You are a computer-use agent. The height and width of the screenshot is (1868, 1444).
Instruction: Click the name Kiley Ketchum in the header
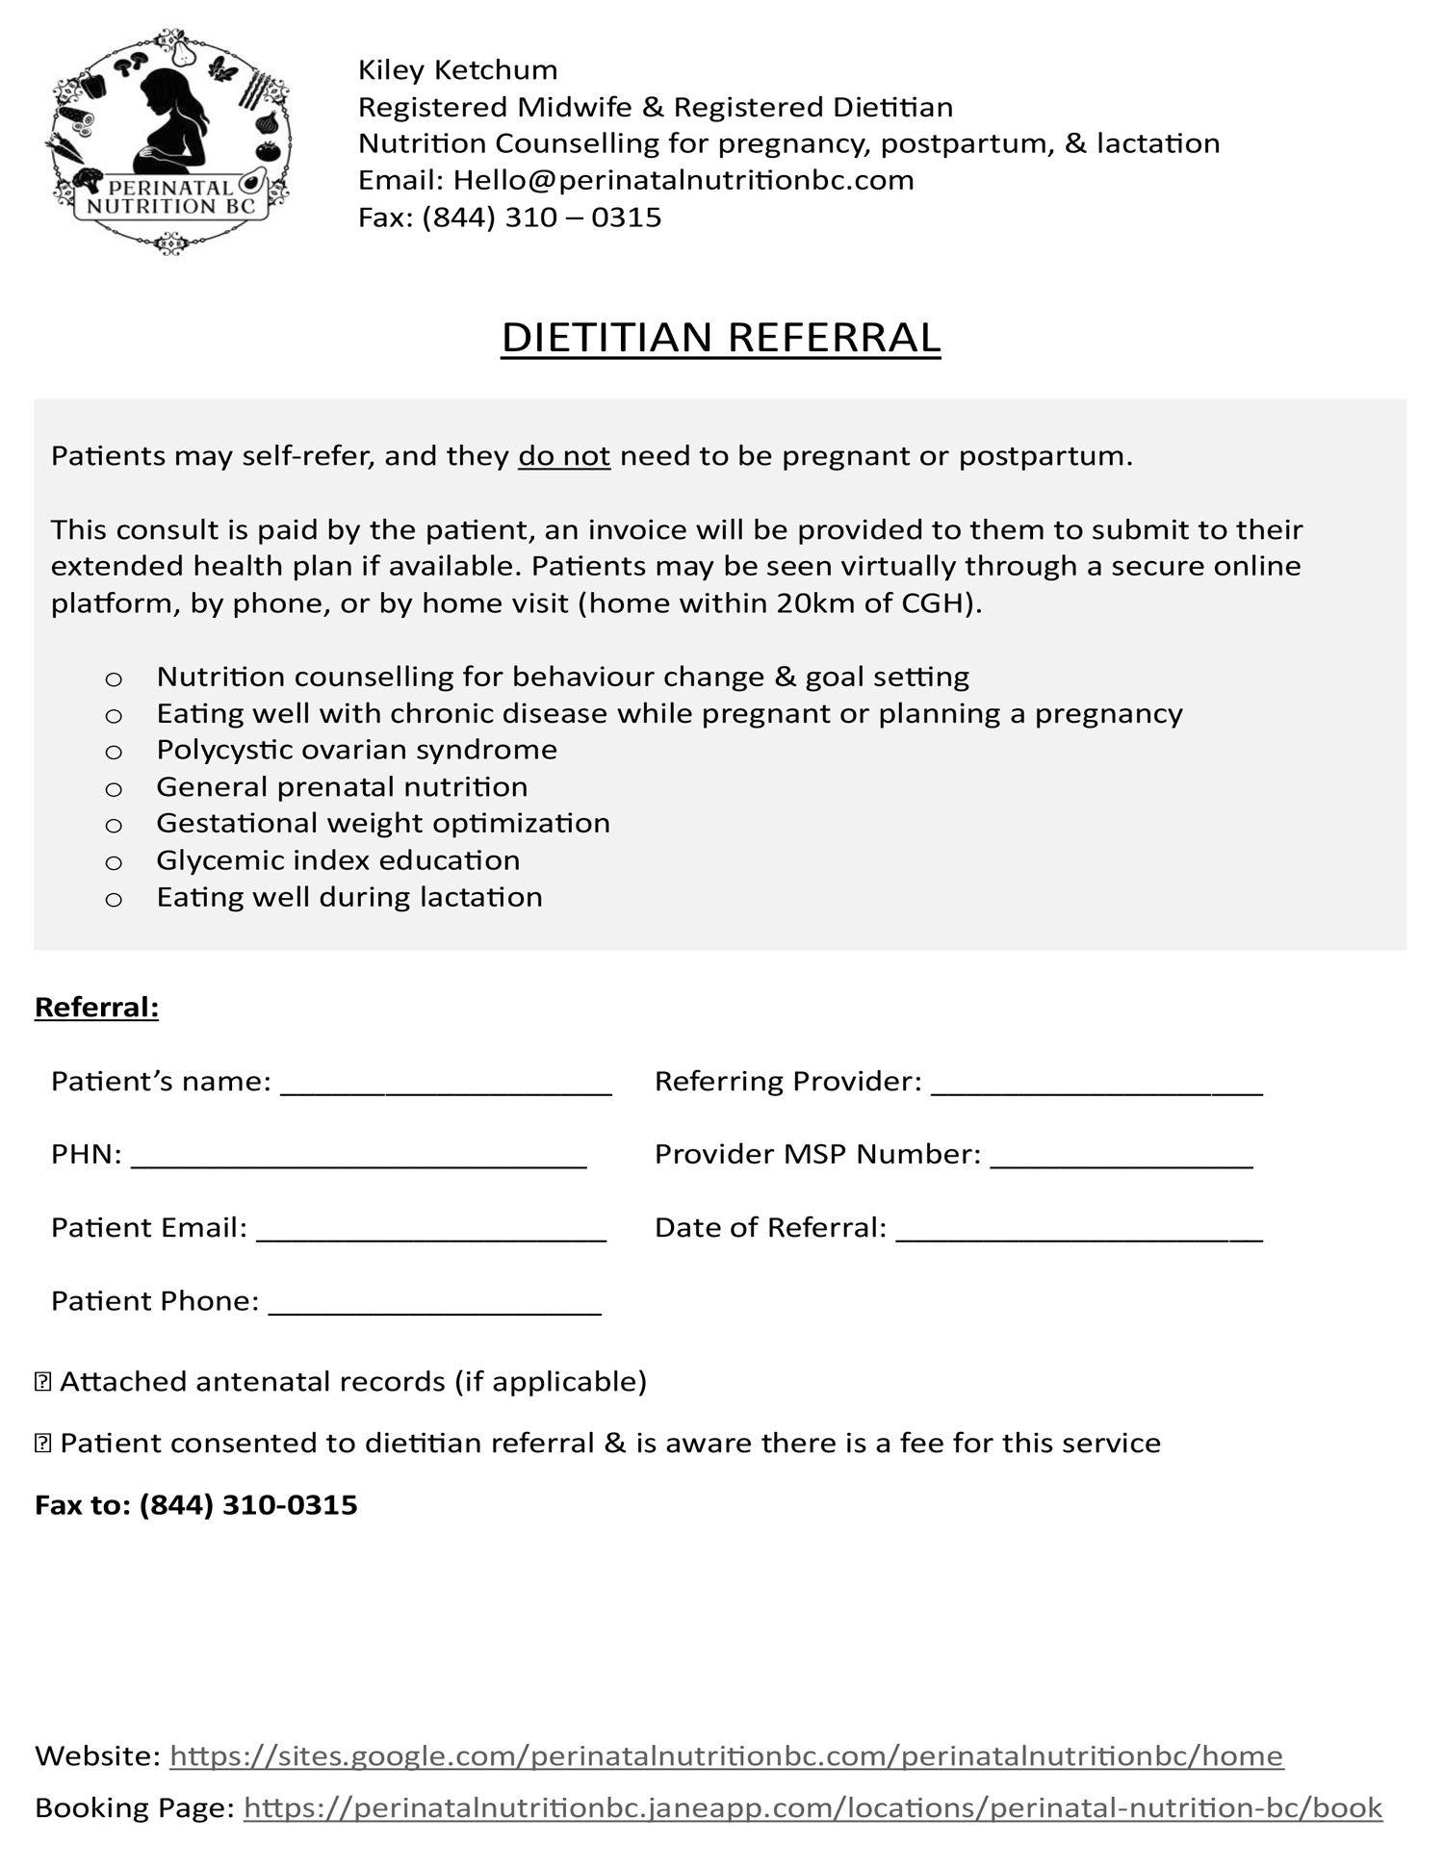pos(457,70)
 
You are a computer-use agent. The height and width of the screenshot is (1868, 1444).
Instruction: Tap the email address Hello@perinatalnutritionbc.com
pos(683,180)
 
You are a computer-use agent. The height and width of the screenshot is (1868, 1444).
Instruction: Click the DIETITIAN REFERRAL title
pos(720,338)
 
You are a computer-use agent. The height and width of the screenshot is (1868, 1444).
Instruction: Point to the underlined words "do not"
pos(564,455)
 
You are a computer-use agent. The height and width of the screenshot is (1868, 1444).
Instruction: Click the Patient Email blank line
pos(431,1234)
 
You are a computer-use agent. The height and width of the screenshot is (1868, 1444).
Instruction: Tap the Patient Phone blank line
pos(434,1307)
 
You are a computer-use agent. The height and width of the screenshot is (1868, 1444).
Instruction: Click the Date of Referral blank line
pos(1078,1234)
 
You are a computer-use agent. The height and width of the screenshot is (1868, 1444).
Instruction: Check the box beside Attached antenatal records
pos(42,1382)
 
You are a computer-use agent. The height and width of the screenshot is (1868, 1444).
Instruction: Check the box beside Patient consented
pos(42,1444)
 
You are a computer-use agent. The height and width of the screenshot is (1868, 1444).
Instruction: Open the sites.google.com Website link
pos(726,1756)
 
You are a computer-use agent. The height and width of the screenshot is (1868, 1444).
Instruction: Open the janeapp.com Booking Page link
pos(812,1808)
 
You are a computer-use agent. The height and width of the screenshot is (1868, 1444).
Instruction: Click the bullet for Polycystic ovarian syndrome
pos(114,752)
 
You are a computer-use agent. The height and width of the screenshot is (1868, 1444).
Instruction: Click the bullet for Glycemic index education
pos(114,862)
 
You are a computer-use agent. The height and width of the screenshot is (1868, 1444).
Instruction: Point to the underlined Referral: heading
pos(96,1008)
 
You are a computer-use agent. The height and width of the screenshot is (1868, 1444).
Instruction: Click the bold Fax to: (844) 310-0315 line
pos(196,1505)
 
